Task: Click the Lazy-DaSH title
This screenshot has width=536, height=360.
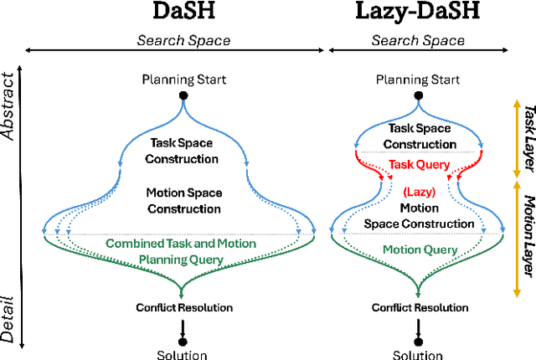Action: (419, 12)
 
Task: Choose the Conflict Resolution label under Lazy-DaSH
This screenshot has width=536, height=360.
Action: (418, 307)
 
